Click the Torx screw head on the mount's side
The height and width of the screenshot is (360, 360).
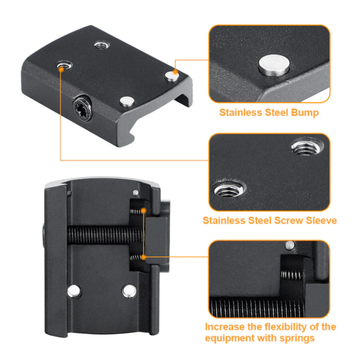(83, 108)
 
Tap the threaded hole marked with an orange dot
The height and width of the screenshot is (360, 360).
(64, 65)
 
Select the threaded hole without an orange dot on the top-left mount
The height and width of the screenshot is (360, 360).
(102, 45)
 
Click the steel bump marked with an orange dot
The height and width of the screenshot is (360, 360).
(172, 76)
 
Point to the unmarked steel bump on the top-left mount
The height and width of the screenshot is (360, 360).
(127, 101)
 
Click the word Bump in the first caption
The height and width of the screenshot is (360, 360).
(305, 112)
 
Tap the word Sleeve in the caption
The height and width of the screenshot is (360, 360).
(322, 220)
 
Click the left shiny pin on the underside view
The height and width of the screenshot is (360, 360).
(74, 291)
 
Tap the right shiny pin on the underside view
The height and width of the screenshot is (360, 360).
(129, 291)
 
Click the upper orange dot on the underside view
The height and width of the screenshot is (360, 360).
(144, 210)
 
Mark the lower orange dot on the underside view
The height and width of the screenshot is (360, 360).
(144, 257)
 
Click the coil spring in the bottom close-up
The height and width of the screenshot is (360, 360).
(291, 274)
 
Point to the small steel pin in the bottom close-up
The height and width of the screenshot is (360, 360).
(290, 245)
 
